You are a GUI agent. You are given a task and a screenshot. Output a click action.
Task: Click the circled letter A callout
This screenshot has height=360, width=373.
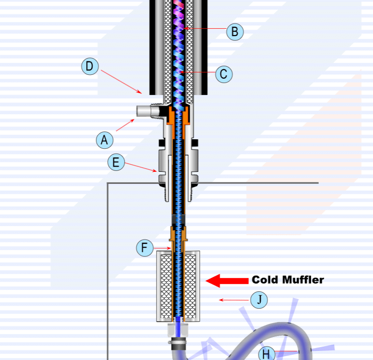click(x=104, y=140)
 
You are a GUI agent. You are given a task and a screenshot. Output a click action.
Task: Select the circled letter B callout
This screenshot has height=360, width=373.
click(x=235, y=32)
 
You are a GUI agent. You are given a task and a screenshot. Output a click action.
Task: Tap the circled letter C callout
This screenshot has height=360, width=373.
click(x=223, y=74)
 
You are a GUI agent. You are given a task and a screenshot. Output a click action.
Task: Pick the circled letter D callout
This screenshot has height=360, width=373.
click(x=90, y=66)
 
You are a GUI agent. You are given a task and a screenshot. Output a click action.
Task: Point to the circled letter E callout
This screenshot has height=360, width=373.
click(x=116, y=162)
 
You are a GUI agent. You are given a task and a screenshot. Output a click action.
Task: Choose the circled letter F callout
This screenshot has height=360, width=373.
click(x=144, y=248)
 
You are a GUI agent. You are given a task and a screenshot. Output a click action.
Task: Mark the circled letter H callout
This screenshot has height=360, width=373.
click(x=267, y=354)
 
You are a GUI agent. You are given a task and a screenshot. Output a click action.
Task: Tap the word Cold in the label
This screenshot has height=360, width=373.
click(x=265, y=280)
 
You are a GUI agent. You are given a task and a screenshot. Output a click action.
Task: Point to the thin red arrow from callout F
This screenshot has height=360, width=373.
click(x=162, y=248)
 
